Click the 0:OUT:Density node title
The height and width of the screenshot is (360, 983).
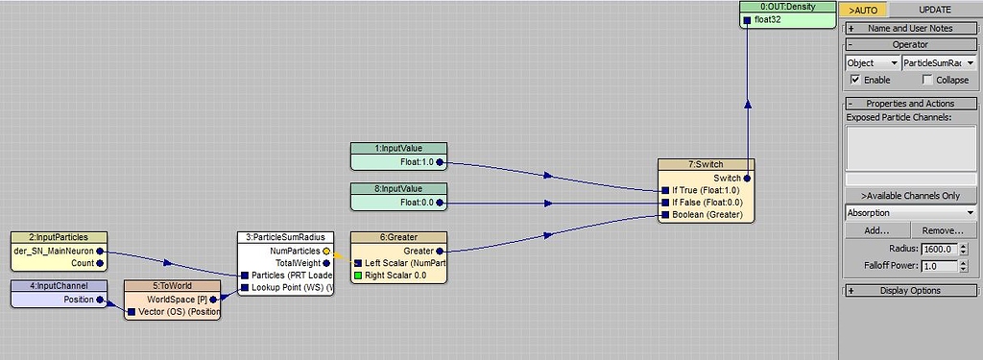pos(787,7)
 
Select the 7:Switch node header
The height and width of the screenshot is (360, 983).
pos(706,165)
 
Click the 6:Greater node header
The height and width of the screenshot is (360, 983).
pos(398,237)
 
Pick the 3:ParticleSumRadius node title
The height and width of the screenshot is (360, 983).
pos(285,237)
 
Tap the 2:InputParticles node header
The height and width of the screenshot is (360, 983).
pos(58,237)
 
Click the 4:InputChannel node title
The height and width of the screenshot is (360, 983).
pos(59,285)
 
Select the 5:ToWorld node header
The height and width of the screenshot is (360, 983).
pos(172,285)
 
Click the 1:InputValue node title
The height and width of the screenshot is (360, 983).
pos(398,148)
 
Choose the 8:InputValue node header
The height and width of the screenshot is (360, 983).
pos(398,189)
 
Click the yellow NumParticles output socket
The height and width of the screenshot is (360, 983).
pos(326,250)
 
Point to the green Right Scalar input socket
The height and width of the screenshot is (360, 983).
pos(359,276)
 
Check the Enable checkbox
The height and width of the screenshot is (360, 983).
pos(855,80)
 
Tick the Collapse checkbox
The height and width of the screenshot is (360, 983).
pos(926,80)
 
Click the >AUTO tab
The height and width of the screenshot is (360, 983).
pos(863,10)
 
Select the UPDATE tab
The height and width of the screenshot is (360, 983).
pos(934,10)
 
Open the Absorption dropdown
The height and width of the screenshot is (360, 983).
pos(910,212)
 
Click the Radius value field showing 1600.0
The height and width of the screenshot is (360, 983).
pos(940,249)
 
